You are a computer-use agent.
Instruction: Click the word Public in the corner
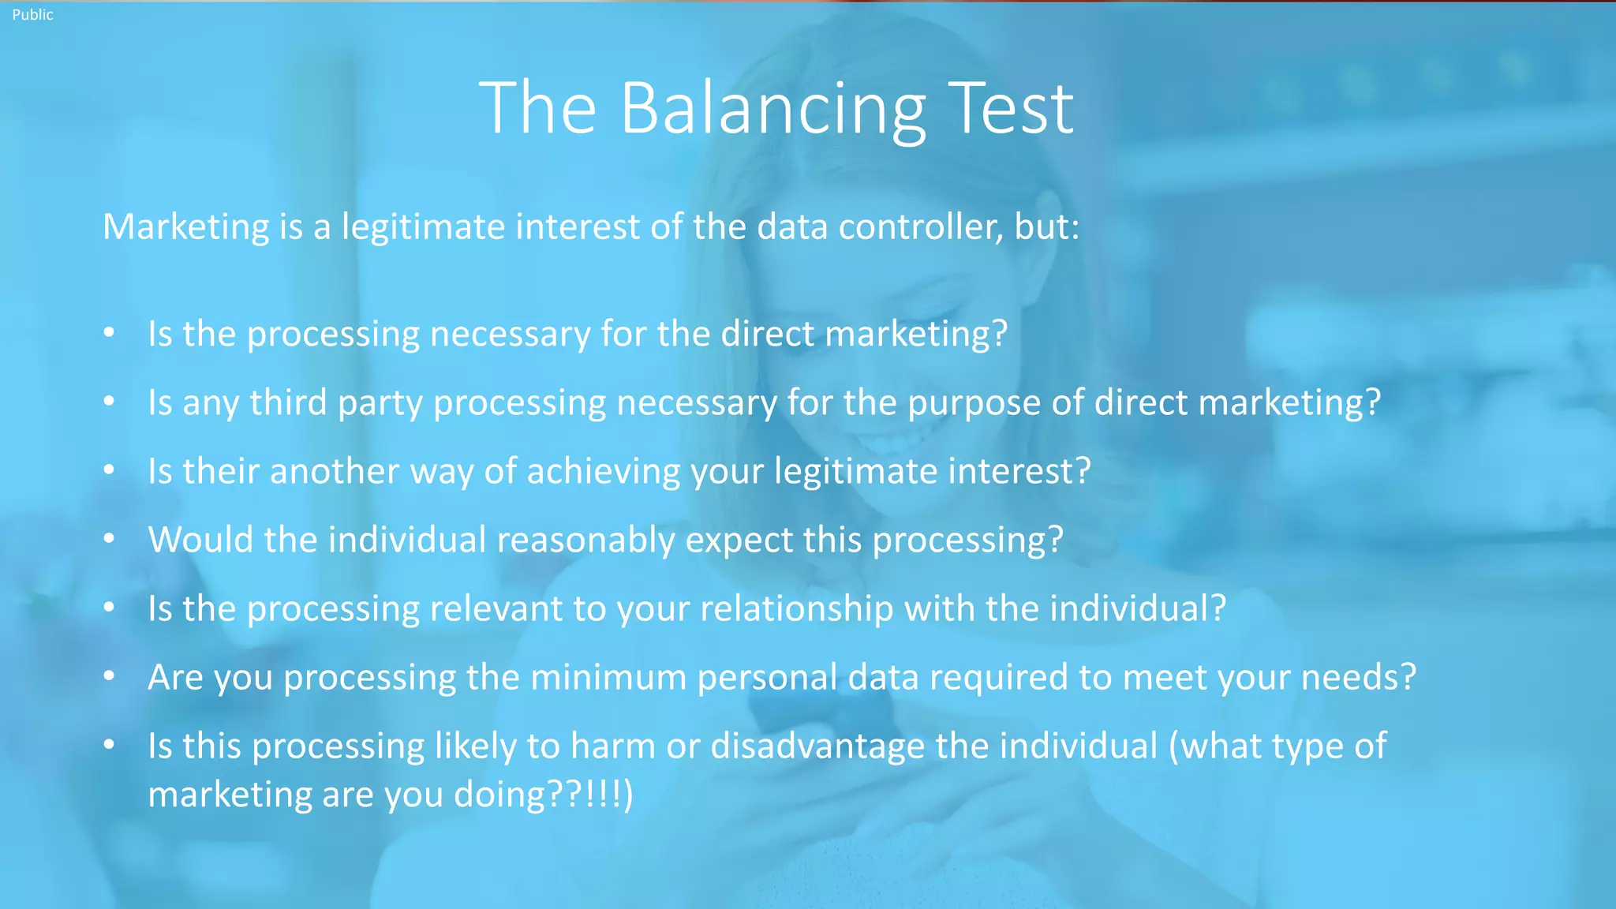coord(32,14)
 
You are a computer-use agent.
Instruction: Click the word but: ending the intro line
coord(1046,227)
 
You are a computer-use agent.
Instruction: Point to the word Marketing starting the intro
coord(186,227)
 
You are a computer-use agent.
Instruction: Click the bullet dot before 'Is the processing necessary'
coord(109,333)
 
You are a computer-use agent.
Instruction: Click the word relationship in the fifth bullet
coord(796,609)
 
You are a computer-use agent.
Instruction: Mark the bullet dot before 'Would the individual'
coord(109,539)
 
